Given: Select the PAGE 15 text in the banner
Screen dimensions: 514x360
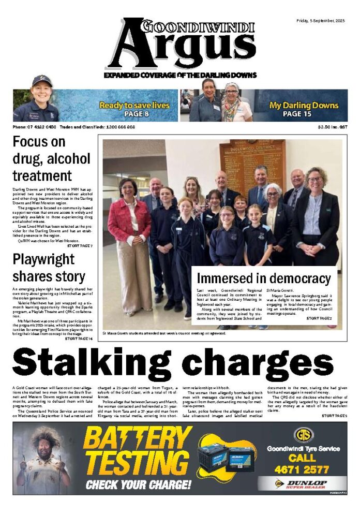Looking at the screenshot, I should pos(304,114).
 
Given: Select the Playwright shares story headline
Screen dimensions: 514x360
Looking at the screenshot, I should pos(49,268).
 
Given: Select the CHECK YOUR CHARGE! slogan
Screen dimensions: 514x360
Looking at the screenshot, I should pos(138,485).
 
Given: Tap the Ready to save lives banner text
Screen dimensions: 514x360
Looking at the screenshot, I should pos(134,105).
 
